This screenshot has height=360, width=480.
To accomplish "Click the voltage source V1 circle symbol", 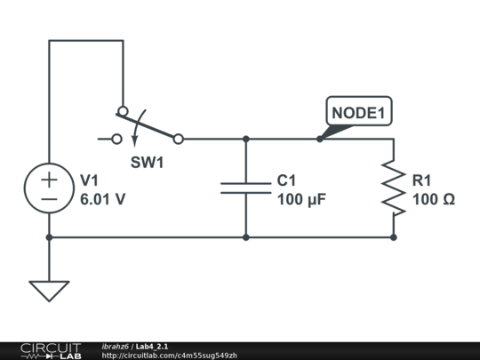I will pos(49,188).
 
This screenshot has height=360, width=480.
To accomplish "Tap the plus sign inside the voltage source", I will pos(49,179).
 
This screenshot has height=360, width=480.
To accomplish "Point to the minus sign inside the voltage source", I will pos(49,199).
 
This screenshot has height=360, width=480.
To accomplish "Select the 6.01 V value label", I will pos(102,200).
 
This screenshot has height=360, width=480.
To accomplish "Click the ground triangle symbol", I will pos(49,291).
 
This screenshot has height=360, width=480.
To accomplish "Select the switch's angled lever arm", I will pos(150,125).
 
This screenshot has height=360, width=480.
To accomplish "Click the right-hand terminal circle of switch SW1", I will pos(178,139).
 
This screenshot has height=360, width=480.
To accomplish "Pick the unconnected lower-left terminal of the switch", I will pos(116,139).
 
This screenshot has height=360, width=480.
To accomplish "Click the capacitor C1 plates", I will pos(246,188).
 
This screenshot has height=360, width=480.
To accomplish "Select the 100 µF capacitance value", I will pos(302,200).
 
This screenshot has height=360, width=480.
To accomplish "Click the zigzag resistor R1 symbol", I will pos(394,188).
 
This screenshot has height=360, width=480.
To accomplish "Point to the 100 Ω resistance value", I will pos(434,200).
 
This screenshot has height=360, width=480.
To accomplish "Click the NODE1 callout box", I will pos(358,113).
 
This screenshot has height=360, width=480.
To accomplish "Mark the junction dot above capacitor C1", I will pos(246,139).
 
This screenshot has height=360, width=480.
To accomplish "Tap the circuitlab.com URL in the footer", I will pos(169,356).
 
